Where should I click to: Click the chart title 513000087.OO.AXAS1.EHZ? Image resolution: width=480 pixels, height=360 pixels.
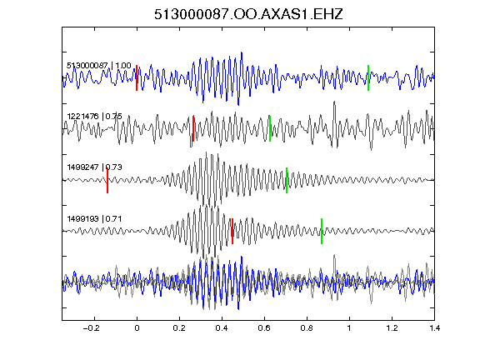coord(248,14)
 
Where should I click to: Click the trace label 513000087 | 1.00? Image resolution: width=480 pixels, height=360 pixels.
coord(99,66)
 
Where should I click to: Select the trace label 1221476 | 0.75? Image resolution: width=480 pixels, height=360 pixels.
coord(95,117)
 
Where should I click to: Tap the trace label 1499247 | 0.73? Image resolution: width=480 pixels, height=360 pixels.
coord(95,167)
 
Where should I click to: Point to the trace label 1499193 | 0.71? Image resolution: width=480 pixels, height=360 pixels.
coord(95,219)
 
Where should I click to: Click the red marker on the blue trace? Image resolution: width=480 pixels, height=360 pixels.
coord(137,77)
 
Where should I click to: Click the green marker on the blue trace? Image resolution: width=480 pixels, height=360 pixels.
coord(368,77)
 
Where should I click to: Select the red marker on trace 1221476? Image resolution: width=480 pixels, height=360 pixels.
coord(193,128)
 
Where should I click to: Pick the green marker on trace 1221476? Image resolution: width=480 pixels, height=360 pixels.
coord(270,128)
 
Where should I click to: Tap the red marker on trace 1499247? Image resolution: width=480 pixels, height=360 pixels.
coord(107,180)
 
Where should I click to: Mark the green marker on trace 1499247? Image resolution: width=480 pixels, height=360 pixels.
coord(287,180)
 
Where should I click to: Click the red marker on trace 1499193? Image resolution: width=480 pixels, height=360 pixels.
coord(232,231)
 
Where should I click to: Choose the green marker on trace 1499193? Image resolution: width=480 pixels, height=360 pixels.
coord(322,231)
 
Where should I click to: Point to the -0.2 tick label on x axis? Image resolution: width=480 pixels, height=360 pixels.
coord(92,328)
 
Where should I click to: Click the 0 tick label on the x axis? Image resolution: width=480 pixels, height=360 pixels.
coord(137,328)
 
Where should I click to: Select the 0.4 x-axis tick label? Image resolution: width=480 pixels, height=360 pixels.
coord(222,328)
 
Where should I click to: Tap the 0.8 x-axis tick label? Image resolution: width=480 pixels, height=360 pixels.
coord(307,328)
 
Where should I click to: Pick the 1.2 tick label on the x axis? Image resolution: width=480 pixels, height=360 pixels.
coord(392,328)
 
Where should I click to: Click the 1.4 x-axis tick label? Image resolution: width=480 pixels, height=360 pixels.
coord(434,328)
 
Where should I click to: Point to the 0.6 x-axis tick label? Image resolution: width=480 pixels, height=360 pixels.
coord(264,328)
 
